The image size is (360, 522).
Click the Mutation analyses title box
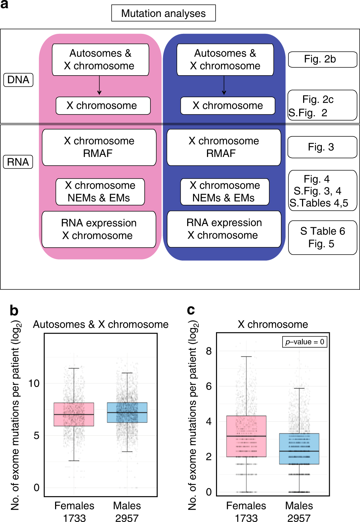pos(163,13)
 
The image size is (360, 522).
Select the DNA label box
pos(18,80)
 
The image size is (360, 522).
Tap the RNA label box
pos(18,162)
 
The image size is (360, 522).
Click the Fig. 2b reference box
pos(323,59)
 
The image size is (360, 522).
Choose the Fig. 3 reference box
pos(323,147)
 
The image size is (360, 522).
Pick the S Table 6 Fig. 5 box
pos(323,237)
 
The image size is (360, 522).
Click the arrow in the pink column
pos(99,86)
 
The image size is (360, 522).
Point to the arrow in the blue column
pos(224,86)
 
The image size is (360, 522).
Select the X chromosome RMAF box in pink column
pos(99,147)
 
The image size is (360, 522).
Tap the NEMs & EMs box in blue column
pos(225,192)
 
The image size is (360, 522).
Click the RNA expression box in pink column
pos(99,229)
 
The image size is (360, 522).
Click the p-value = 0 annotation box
pos(305,342)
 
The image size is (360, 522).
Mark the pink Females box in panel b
pos(74,414)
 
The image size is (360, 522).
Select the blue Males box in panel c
pos(299,449)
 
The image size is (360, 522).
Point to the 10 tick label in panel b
pos(34,383)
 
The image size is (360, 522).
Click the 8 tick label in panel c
pos(209,351)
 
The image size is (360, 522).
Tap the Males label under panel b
pos(127,506)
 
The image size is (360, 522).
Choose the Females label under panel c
pos(246,506)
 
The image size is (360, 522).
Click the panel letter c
pos(191,310)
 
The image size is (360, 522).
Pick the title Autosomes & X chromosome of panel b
pos(101,324)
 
